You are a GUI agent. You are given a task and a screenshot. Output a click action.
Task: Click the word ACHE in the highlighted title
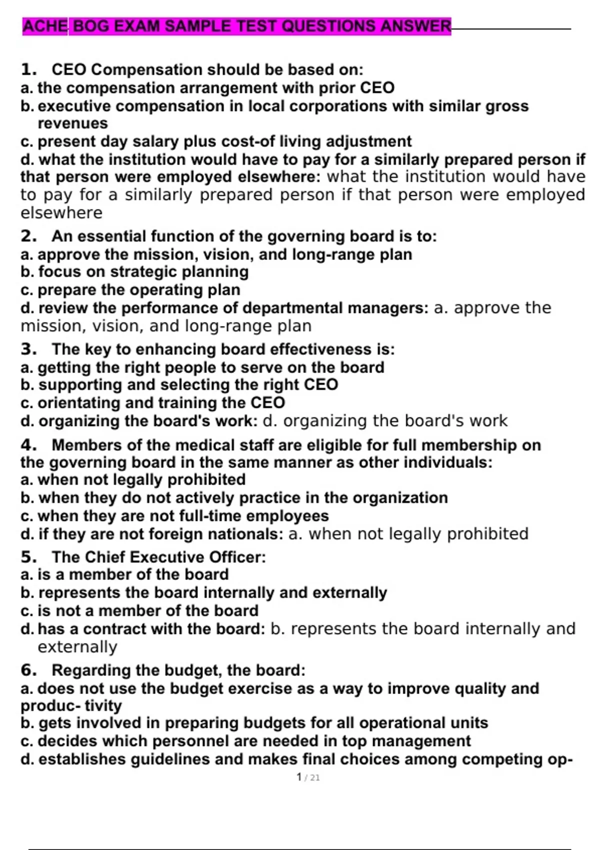45,26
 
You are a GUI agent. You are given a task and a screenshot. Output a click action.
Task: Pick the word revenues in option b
72,123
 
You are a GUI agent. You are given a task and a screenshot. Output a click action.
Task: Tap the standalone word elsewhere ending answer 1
61,213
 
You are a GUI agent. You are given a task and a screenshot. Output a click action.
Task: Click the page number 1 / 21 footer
308,777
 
